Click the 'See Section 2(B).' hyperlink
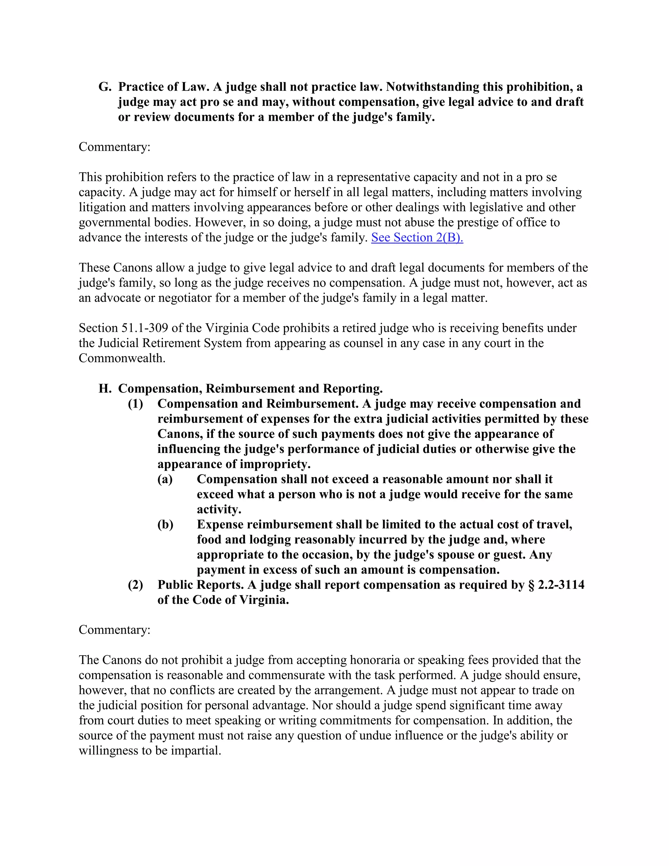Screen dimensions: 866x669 pyautogui.click(x=417, y=238)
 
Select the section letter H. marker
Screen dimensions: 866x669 pyautogui.click(x=105, y=389)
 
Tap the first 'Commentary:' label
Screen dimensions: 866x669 pyautogui.click(x=115, y=147)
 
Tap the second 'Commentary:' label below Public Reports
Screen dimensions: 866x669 pyautogui.click(x=115, y=630)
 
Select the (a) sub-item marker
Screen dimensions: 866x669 pyautogui.click(x=165, y=479)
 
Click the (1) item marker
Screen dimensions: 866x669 pyautogui.click(x=135, y=404)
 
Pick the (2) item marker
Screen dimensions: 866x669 pyautogui.click(x=135, y=585)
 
